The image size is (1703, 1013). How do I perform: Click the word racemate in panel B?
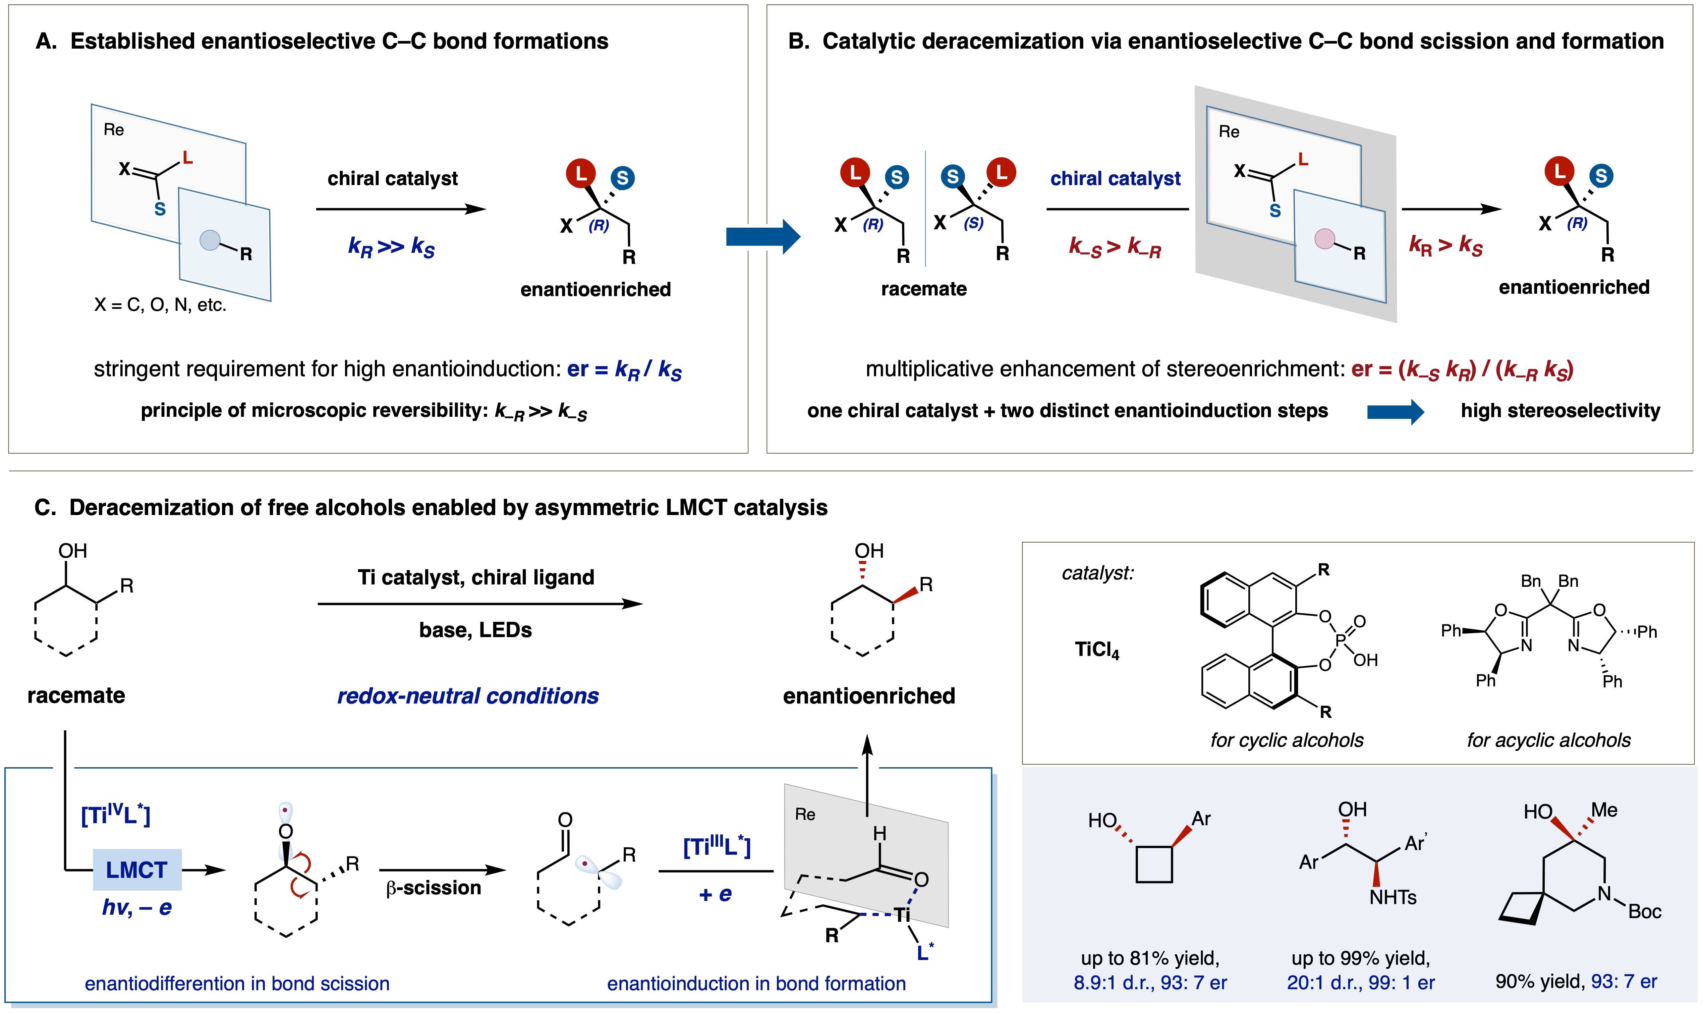[x=923, y=289]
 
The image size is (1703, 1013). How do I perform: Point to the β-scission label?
[x=434, y=888]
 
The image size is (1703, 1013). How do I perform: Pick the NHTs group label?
[x=1393, y=897]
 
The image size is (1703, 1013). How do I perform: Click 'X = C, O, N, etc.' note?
[x=160, y=305]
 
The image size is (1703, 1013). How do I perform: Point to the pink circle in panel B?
[x=1324, y=238]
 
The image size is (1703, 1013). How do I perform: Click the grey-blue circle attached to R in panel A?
[x=210, y=240]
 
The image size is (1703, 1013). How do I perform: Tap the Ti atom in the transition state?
[x=902, y=914]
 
